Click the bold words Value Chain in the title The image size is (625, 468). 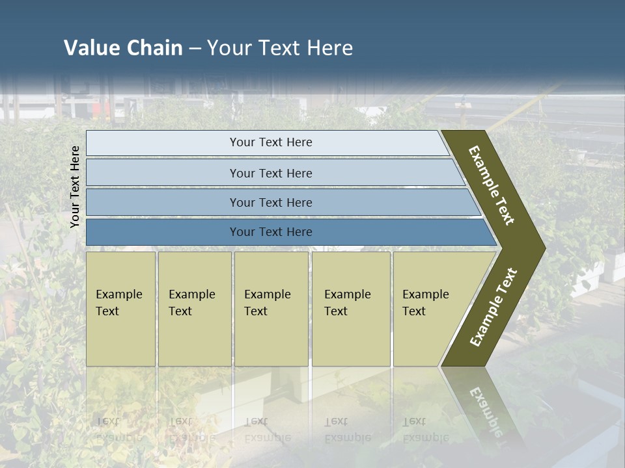click(123, 48)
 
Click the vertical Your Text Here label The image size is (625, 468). click(75, 187)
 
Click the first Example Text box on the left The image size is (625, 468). click(120, 309)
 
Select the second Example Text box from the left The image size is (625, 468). click(195, 309)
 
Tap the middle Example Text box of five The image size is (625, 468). click(271, 309)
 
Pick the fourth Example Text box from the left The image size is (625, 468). click(351, 309)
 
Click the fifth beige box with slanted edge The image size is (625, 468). click(430, 309)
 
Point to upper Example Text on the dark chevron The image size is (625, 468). click(492, 185)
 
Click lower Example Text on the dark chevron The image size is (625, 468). click(493, 307)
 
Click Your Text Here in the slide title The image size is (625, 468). click(280, 48)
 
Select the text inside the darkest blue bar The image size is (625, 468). click(271, 232)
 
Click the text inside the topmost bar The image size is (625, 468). click(271, 142)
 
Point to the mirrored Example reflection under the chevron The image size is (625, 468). click(485, 409)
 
